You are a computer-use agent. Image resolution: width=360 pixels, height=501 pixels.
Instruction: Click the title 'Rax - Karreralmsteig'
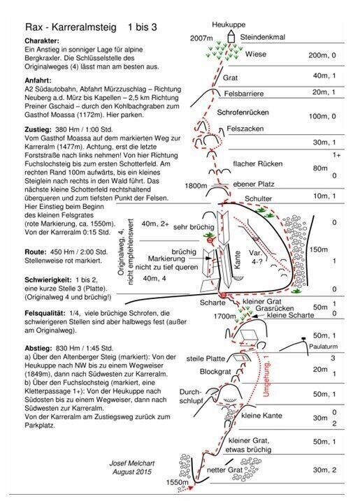[71, 27]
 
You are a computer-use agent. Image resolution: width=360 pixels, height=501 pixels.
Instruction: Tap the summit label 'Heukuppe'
[229, 24]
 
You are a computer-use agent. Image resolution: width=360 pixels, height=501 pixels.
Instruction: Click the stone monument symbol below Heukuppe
[231, 36]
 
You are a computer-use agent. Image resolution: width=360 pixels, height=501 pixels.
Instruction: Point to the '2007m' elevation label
[201, 38]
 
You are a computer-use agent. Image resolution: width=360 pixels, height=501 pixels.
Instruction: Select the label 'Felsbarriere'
[244, 94]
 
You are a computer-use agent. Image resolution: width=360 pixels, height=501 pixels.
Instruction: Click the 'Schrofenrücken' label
[243, 112]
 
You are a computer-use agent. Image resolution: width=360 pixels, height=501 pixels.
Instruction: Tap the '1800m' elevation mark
[196, 186]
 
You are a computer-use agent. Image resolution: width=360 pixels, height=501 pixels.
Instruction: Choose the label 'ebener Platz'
[254, 184]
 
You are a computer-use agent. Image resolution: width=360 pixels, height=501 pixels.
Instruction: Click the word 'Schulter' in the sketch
[258, 198]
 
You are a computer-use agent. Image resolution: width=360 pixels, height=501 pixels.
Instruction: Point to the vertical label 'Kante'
[237, 259]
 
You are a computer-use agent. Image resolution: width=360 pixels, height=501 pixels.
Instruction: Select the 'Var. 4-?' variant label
[256, 258]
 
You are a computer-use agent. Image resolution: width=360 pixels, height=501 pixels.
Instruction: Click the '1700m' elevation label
[225, 317]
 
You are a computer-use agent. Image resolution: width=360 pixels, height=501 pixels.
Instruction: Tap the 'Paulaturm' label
[323, 347]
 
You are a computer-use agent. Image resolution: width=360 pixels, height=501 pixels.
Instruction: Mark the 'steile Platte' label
[206, 358]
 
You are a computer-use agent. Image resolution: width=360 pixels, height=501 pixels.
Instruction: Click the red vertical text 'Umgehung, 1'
[266, 375]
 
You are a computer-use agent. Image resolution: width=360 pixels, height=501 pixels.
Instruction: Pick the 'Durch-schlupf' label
[191, 396]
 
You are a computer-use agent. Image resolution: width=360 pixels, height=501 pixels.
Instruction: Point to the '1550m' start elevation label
[177, 482]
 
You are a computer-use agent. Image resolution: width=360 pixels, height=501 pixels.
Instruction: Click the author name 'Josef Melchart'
[132, 463]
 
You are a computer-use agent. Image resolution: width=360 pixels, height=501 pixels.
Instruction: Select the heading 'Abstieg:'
[38, 348]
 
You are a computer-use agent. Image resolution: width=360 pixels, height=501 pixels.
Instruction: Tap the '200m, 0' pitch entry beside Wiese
[322, 55]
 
